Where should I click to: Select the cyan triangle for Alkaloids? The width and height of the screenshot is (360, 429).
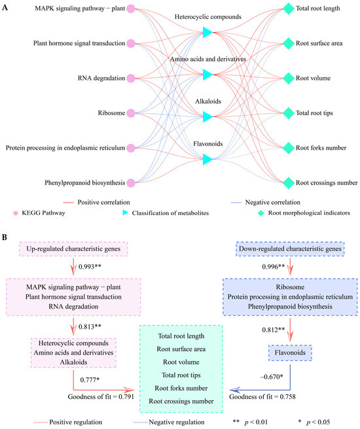point(207,116)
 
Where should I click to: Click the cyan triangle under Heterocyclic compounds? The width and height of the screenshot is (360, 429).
point(207,32)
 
